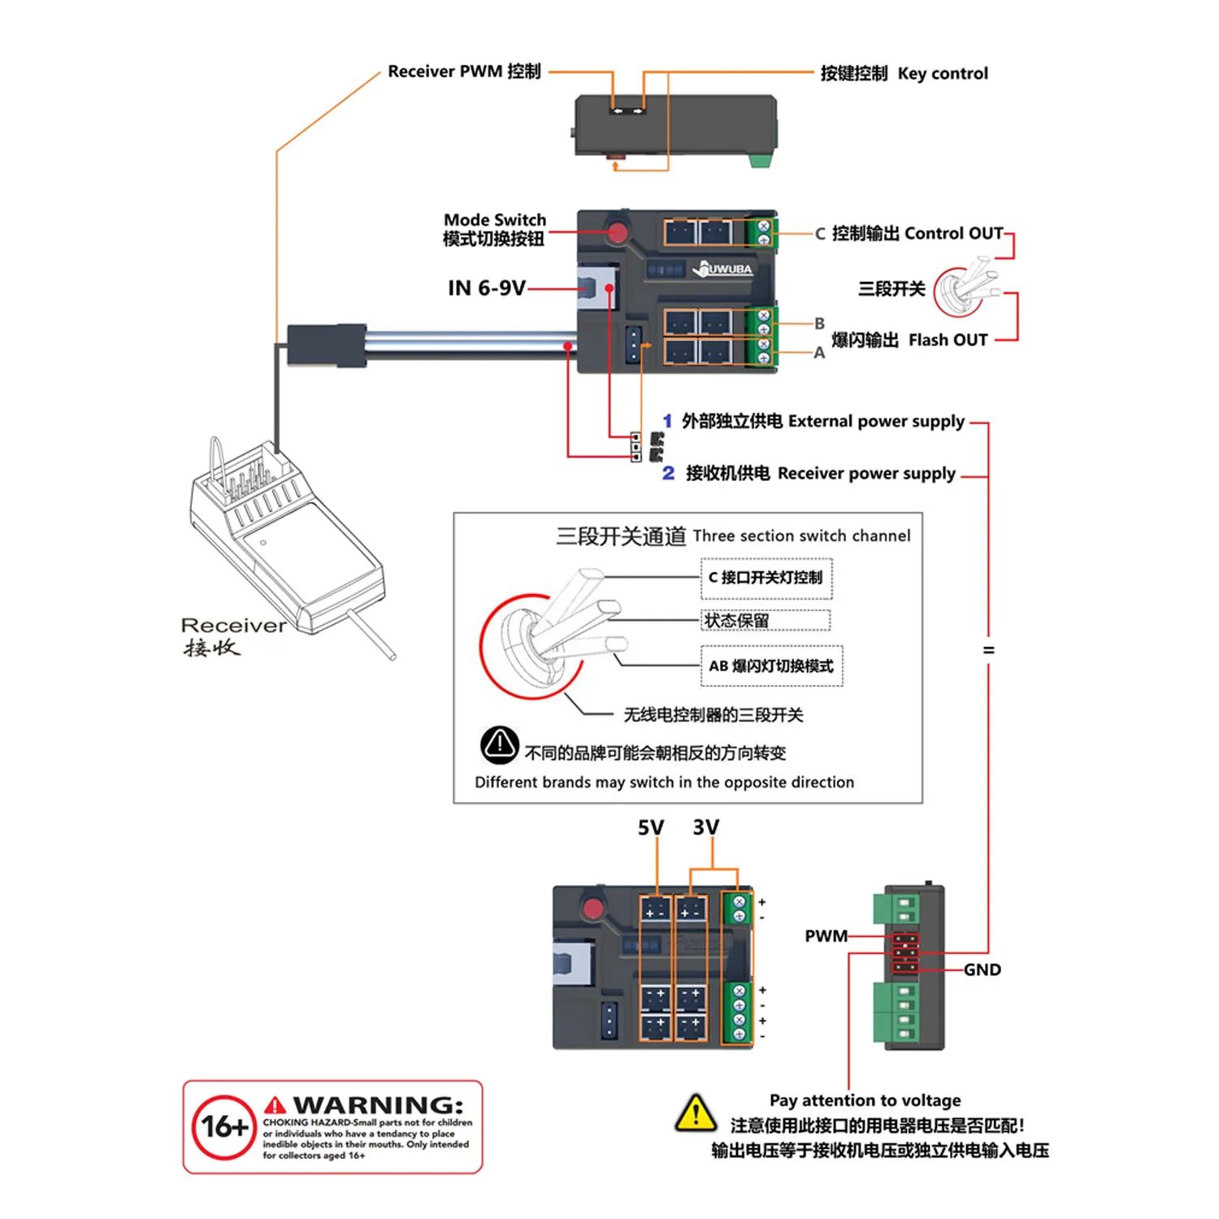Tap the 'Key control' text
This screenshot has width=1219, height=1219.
(943, 74)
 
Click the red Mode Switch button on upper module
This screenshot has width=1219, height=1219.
(618, 233)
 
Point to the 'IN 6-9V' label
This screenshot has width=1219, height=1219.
(486, 288)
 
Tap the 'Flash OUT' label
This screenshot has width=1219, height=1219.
(948, 341)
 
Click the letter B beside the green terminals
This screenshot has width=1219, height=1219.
(819, 323)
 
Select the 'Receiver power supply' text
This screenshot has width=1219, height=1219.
(865, 474)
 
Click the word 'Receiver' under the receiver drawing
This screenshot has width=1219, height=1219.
(233, 626)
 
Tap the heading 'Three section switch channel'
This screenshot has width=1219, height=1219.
(800, 536)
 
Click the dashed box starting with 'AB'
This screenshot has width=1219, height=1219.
(770, 666)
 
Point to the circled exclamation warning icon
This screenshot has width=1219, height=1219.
(499, 744)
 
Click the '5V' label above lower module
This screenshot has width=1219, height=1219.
(650, 828)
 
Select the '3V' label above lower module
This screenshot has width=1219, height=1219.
(705, 828)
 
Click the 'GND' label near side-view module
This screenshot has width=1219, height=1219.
(982, 970)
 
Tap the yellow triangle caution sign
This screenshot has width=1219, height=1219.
(696, 1114)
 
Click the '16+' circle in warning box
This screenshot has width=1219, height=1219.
(223, 1127)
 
